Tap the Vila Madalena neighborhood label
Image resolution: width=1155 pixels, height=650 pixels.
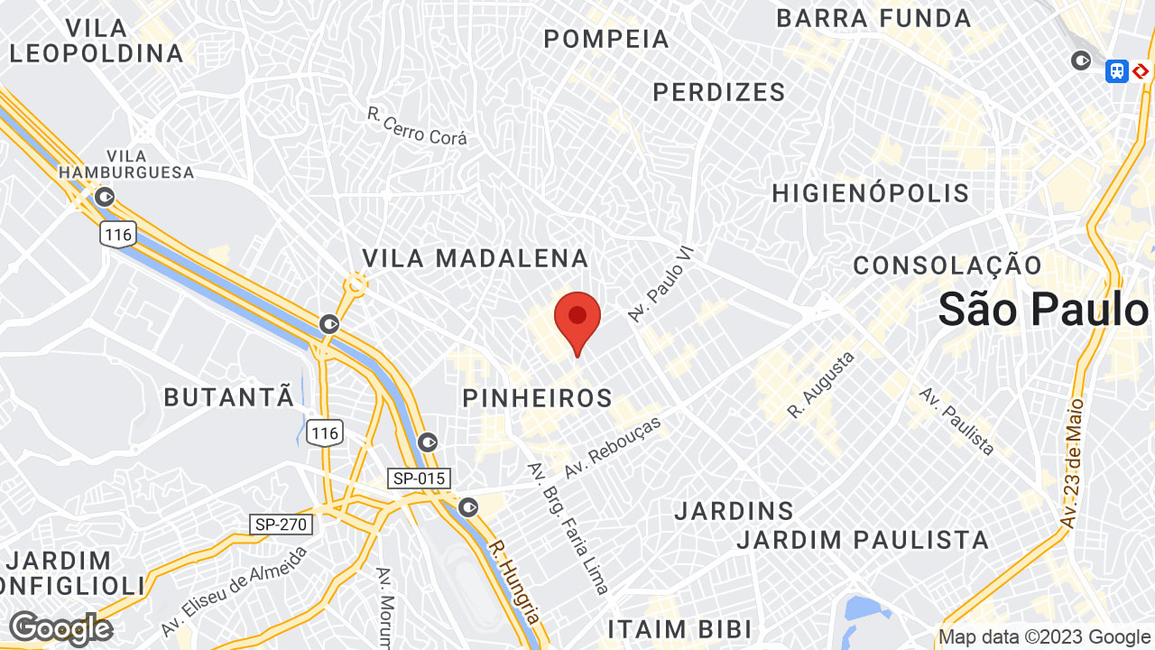476,259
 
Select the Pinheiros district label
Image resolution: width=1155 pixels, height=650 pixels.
538,398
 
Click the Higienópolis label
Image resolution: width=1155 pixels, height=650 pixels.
871,193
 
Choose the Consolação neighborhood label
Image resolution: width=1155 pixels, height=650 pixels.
947,265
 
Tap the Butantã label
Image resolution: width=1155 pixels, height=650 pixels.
229,396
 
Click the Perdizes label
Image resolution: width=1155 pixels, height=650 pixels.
719,92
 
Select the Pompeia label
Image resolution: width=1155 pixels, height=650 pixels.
607,40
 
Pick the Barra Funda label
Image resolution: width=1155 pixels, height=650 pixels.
873,18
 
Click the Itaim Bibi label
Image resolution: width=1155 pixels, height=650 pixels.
679,628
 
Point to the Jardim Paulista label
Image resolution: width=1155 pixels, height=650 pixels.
863,540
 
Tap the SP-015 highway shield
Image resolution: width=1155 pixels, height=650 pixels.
419,478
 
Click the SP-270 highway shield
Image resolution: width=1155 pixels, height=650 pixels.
281,524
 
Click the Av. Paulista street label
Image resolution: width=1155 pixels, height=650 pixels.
957,422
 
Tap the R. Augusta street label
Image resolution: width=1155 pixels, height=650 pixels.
820,385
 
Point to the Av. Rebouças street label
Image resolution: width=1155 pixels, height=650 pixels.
613,448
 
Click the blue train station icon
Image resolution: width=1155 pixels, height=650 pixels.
1117,70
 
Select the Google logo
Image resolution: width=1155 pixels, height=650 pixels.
60,628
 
